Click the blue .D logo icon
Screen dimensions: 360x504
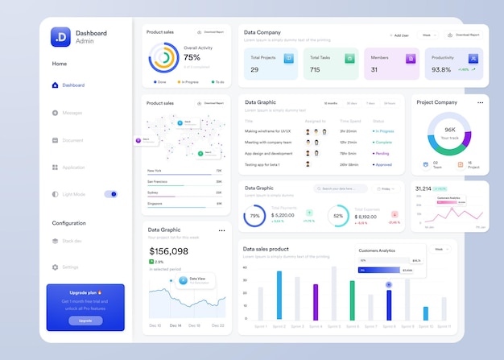tap(60, 37)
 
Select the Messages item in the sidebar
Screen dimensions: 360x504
tap(72, 113)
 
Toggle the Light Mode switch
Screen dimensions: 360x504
tap(111, 194)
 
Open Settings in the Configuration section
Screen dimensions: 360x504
tap(70, 267)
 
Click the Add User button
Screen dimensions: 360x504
tap(399, 35)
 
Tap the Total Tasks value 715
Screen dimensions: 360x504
tap(315, 70)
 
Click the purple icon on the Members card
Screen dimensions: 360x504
tap(410, 58)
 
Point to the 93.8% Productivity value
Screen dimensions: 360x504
tap(441, 70)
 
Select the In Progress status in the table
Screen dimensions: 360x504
tap(383, 130)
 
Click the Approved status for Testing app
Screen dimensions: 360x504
tap(383, 164)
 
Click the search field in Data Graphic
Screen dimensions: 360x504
tap(339, 188)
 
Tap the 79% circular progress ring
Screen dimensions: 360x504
tap(254, 216)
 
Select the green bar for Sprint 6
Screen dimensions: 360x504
tap(352, 300)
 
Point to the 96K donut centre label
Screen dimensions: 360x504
tap(450, 130)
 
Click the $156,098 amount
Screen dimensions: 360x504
tap(168, 251)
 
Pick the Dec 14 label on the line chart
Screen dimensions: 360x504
tap(175, 325)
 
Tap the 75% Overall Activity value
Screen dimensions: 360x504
tap(192, 57)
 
